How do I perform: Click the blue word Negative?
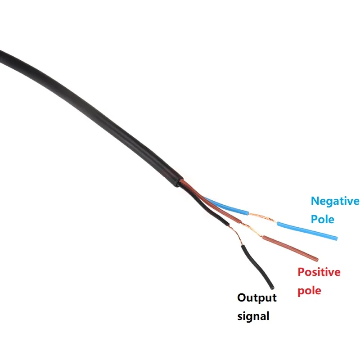coord(335,201)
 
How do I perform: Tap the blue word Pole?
coord(323,219)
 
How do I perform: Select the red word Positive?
coord(319,272)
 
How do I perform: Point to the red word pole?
coord(310,290)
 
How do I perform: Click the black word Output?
coord(257,298)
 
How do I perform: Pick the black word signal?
coord(253,316)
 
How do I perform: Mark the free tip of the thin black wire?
coord(272,287)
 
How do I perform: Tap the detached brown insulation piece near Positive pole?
coord(290,248)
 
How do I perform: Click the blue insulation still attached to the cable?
coord(225,205)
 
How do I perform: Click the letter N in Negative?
coord(315,201)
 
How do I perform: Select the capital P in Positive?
coord(301,272)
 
